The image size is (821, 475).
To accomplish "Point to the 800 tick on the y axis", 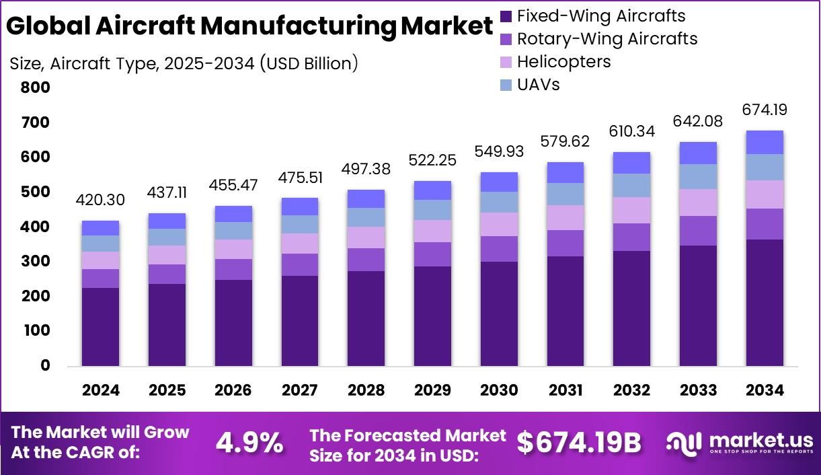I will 36,87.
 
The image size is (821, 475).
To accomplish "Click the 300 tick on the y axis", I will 36,261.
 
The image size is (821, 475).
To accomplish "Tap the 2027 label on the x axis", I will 300,391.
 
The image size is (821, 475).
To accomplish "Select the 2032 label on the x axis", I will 632,391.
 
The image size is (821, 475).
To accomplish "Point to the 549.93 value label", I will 499,151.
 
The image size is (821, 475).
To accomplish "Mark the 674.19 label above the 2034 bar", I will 765,110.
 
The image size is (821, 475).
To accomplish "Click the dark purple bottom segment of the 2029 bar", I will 432,316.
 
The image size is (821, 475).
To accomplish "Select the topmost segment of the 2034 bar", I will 765,142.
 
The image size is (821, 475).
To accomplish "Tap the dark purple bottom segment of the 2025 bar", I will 167,324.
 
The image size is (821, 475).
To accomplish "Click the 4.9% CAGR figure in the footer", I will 249,442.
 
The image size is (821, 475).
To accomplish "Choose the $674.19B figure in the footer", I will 579,442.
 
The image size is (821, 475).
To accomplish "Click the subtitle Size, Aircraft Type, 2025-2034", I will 183,64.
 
